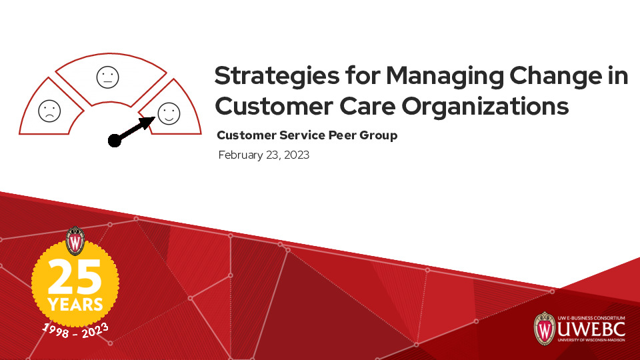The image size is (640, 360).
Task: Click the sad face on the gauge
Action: coord(49,111)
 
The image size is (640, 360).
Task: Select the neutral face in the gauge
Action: coord(107,77)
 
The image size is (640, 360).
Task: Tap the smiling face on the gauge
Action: coord(168,113)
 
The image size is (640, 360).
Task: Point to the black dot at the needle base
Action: coord(115,140)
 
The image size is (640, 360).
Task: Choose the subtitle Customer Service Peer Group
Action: coord(307,135)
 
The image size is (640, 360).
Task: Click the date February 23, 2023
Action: coord(263,155)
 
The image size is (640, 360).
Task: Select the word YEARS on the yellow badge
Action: coord(75,305)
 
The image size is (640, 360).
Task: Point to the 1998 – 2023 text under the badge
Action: coord(75,328)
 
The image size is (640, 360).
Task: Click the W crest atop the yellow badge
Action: coord(75,241)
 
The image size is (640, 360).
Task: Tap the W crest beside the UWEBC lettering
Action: coord(544,329)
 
